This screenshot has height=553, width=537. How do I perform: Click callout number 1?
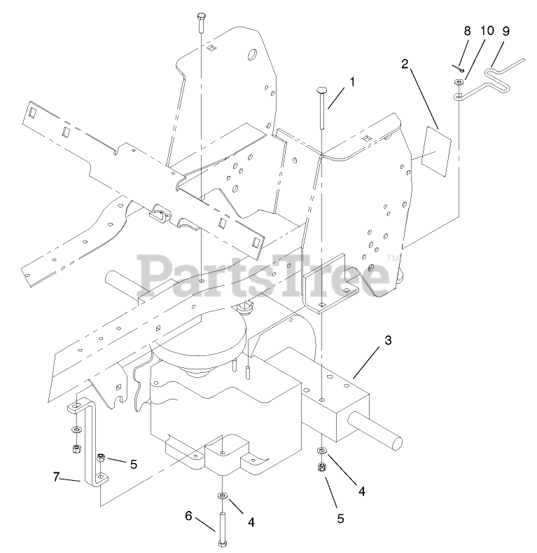click(352, 82)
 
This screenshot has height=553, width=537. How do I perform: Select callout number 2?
click(405, 64)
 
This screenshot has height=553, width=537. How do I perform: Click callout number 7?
click(57, 478)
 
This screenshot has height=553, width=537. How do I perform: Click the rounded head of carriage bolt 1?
click(321, 90)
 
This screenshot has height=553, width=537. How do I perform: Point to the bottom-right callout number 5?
click(342, 519)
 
